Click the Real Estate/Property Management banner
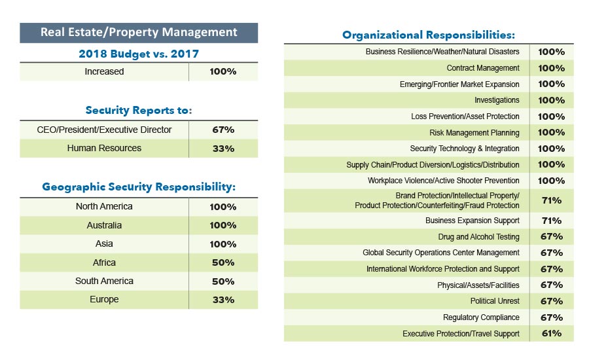click(139, 32)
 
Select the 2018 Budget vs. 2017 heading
click(139, 53)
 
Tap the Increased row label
click(104, 71)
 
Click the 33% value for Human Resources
click(223, 149)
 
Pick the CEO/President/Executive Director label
click(104, 130)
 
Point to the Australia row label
click(104, 225)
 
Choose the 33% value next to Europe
click(223, 300)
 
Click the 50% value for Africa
click(223, 262)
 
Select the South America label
click(104, 281)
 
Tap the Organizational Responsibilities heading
click(429, 35)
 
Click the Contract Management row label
click(483, 68)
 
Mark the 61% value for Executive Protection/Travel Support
click(551, 333)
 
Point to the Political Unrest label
click(495, 301)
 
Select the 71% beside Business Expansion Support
click(551, 221)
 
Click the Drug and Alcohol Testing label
click(478, 237)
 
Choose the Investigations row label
click(497, 100)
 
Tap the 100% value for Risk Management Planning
click(551, 132)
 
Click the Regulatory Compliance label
click(481, 317)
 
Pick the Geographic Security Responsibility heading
click(139, 187)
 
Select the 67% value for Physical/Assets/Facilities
click(551, 285)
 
